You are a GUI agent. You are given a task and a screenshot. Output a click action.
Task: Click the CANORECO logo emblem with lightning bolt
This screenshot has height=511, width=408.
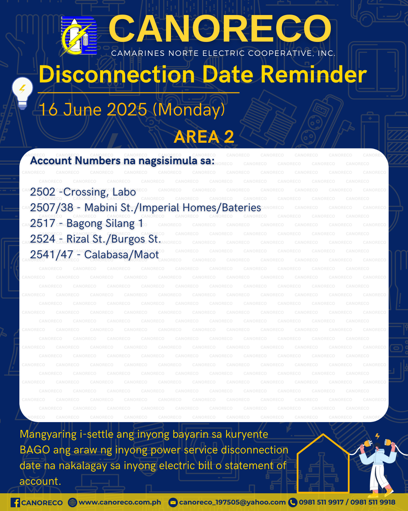point(79,36)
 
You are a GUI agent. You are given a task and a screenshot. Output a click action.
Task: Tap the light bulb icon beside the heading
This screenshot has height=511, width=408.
point(22,93)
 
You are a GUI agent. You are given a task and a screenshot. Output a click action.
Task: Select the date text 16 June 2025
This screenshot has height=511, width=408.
point(93,109)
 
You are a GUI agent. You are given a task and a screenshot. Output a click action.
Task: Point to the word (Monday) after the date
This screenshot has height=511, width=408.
point(189,110)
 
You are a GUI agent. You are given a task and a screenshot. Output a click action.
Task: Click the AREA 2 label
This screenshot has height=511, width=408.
point(204,137)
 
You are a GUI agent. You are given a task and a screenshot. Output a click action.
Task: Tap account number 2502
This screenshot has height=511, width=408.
point(43,192)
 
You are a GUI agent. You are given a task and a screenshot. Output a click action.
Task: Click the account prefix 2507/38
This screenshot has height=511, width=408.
point(52,208)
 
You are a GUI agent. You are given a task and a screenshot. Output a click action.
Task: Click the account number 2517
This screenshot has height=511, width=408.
point(42,223)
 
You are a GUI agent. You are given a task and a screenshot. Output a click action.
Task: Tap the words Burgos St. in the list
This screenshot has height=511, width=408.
point(136,239)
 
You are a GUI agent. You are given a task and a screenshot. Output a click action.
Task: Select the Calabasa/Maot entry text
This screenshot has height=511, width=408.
point(121,255)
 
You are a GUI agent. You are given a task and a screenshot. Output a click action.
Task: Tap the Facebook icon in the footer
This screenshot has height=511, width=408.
point(15,503)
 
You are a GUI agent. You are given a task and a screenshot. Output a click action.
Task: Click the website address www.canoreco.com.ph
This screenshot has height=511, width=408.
point(120,502)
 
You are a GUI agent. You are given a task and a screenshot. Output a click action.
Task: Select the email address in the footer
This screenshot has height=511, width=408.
point(232,502)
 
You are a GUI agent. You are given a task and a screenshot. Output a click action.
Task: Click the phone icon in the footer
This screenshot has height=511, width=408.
point(292,503)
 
